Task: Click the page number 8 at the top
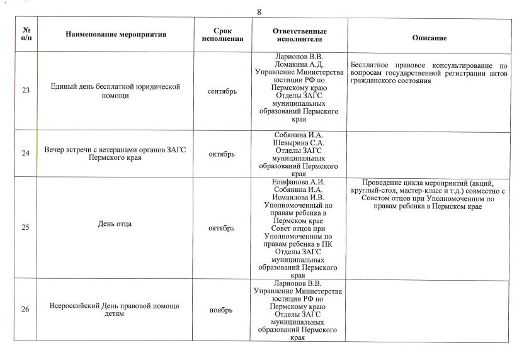point(259,12)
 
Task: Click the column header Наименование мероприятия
point(116,35)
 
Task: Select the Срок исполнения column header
point(223,35)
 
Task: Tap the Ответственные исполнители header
point(300,35)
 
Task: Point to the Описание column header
point(429,38)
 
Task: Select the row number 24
point(26,154)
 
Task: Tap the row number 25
point(26,228)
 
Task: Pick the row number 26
point(26,310)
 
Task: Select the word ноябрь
point(222,310)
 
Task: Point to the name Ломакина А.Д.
point(300,64)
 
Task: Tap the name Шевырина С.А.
point(300,143)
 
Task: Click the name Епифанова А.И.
point(300,182)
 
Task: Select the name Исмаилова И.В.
point(300,198)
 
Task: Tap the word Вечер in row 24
point(55,151)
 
